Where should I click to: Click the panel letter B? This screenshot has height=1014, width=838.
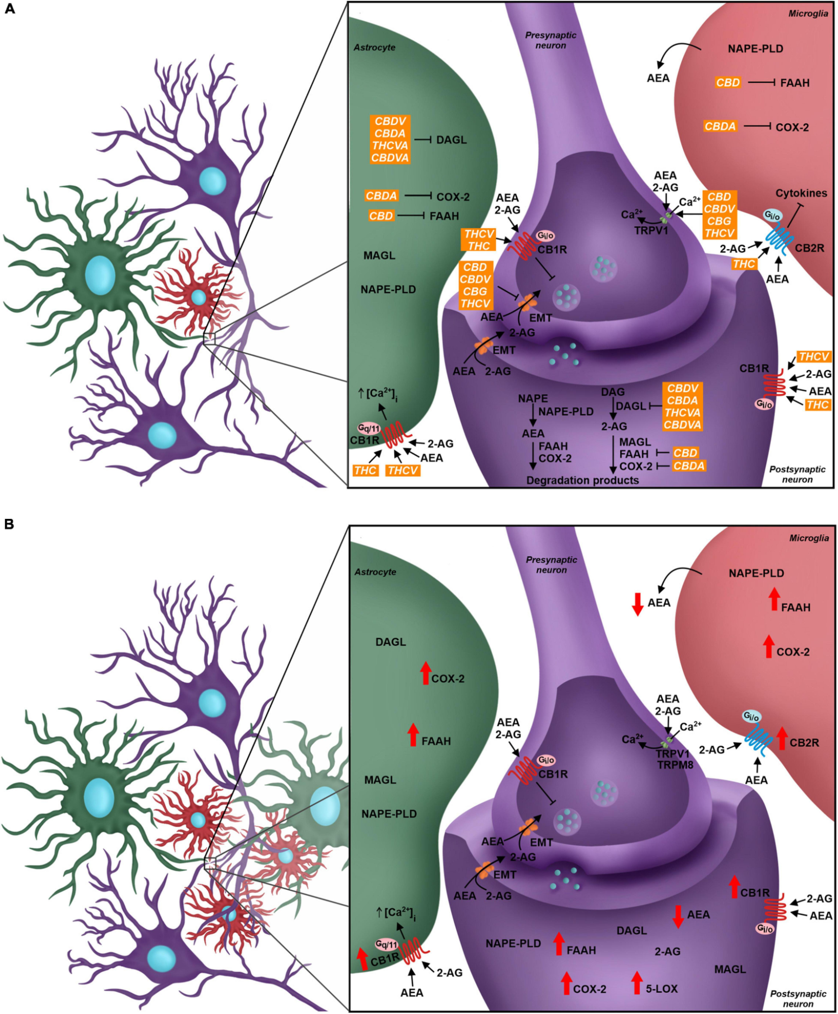[9, 524]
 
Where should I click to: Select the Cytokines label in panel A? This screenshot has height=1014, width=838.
[801, 193]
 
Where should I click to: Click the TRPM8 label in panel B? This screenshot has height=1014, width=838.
[675, 764]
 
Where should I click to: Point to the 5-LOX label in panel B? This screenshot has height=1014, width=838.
[662, 988]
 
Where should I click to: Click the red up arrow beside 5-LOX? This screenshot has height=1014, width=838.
[637, 983]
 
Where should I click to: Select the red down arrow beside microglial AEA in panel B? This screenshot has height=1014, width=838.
[638, 604]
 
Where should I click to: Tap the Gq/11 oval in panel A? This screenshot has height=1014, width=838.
[369, 428]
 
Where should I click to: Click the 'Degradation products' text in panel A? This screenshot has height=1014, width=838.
[582, 480]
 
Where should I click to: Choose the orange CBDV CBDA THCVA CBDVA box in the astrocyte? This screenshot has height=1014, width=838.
[390, 139]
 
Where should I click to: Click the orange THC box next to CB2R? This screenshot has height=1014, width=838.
[744, 264]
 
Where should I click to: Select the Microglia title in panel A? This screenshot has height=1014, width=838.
[808, 14]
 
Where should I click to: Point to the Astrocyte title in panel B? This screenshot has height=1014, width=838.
[375, 572]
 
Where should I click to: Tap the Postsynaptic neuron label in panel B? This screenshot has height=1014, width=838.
[798, 998]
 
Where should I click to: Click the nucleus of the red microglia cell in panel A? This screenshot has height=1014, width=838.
[198, 297]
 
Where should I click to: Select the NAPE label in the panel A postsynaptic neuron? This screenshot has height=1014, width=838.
[533, 399]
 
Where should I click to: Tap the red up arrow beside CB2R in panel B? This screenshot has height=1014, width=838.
[782, 738]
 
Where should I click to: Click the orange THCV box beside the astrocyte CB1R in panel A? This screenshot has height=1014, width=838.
[403, 470]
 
